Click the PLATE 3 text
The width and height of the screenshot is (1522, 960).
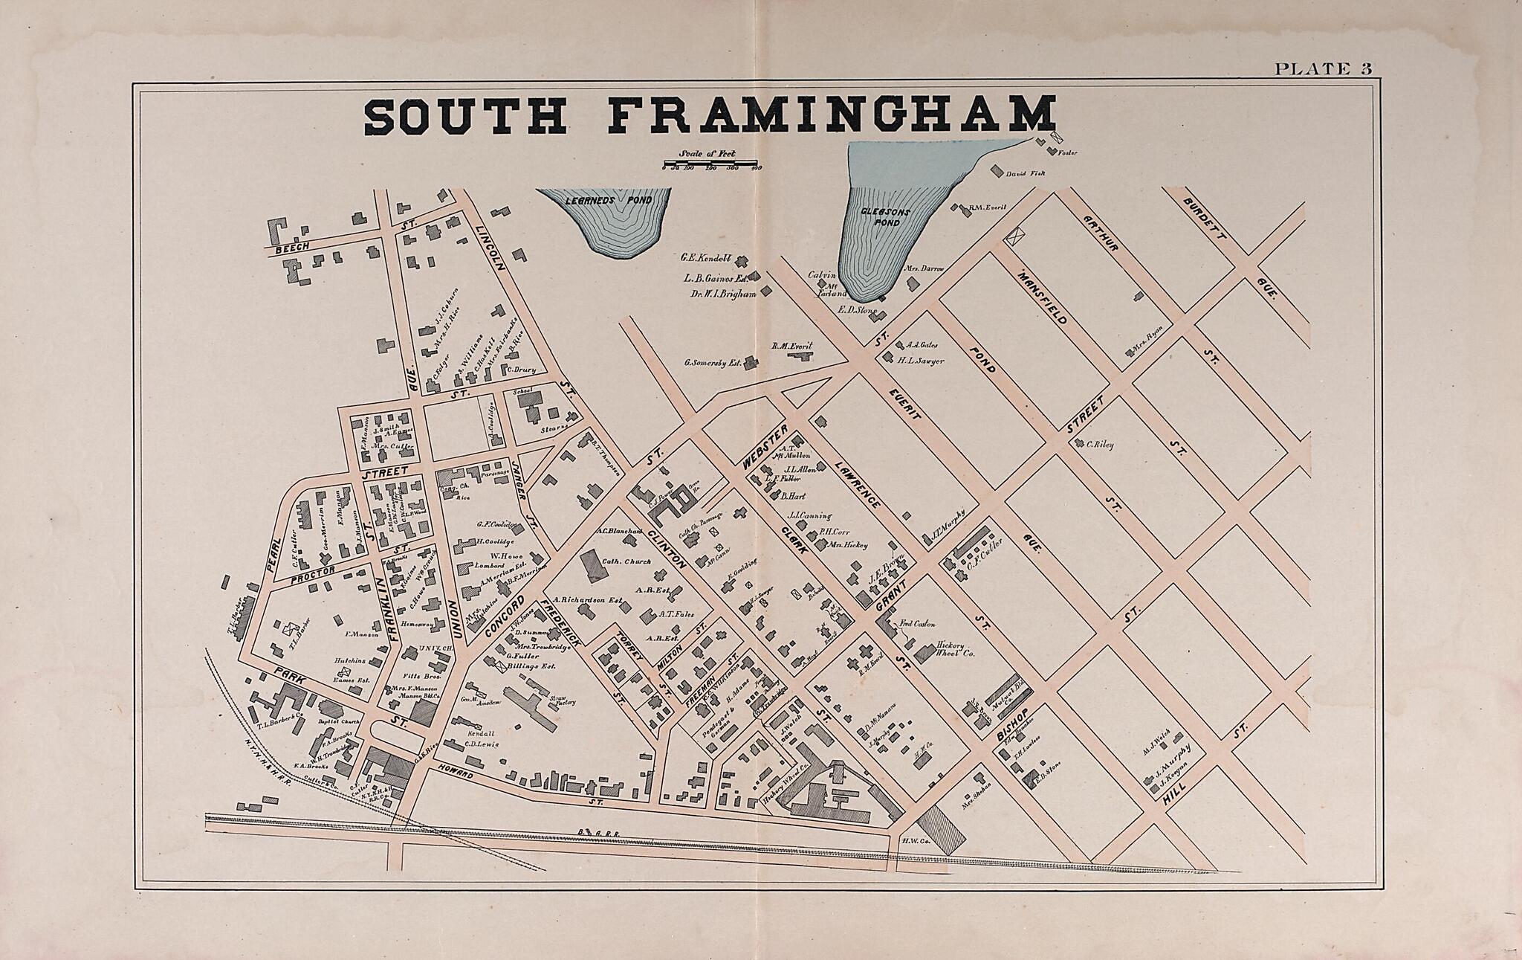click(x=1322, y=69)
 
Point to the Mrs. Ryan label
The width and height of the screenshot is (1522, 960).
click(x=1145, y=348)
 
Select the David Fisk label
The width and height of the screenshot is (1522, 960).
click(x=1026, y=174)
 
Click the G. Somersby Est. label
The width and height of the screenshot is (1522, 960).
click(x=712, y=364)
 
